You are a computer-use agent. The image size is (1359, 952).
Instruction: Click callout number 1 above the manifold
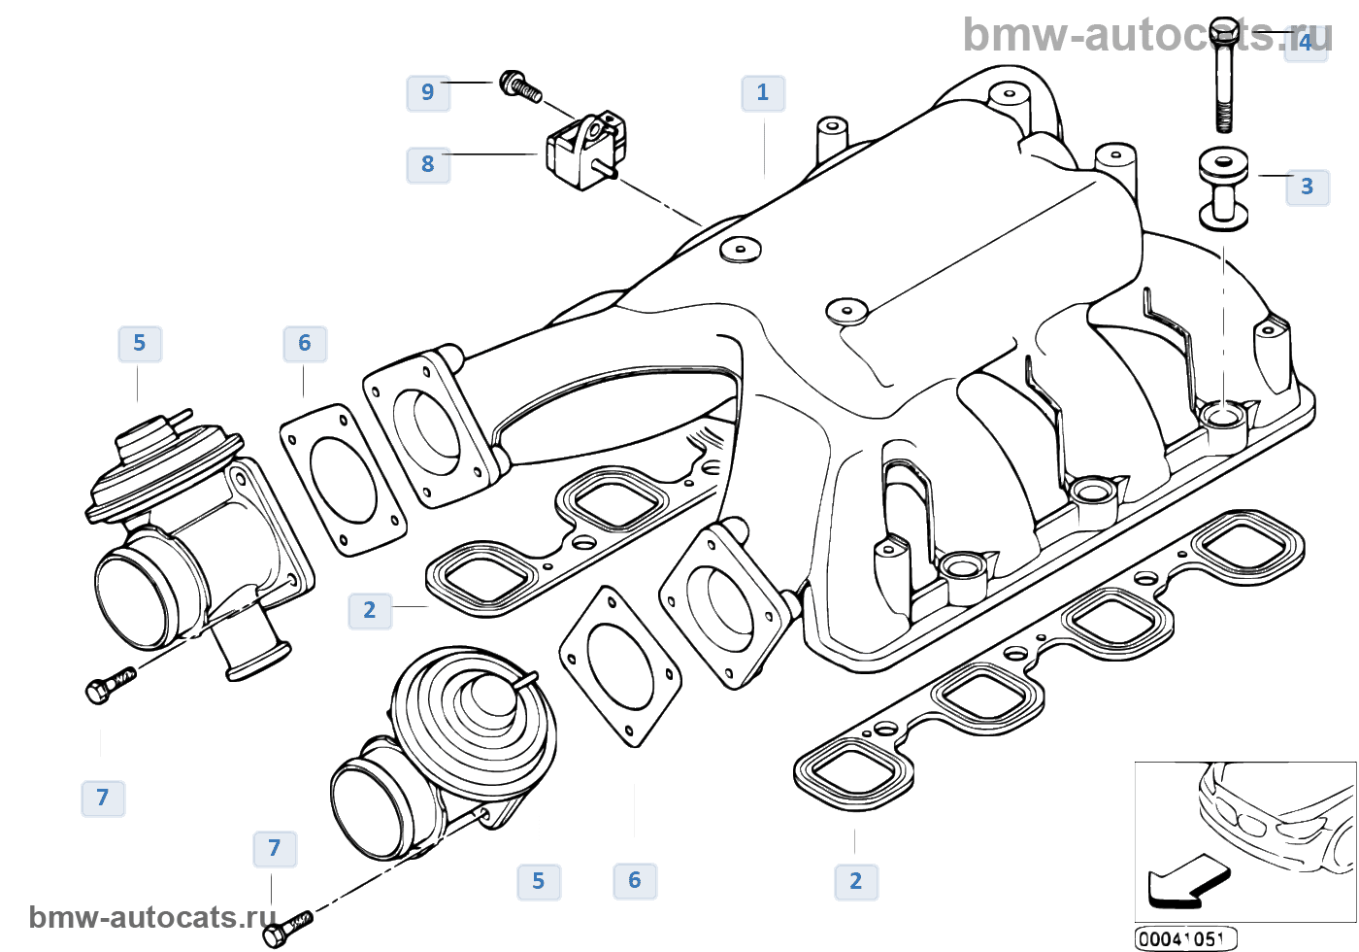[763, 93]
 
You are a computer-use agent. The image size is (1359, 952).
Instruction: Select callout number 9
[427, 92]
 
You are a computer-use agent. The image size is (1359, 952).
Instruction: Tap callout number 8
[427, 164]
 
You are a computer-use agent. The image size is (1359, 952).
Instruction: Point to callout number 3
[1307, 186]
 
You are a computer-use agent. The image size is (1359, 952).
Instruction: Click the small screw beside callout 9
[519, 85]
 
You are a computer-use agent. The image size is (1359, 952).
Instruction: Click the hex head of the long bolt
[1224, 28]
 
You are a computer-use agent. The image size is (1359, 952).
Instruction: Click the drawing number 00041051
[1184, 938]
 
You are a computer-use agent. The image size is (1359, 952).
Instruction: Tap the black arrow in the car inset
[1186, 880]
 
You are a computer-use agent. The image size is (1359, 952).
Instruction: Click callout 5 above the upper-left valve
[140, 343]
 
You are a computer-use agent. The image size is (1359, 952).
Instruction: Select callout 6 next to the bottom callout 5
[635, 880]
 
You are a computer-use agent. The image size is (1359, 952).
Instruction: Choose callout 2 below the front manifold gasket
[855, 881]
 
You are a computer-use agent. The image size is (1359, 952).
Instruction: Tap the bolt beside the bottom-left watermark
[287, 928]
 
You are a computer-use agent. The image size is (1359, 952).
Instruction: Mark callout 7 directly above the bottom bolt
[275, 848]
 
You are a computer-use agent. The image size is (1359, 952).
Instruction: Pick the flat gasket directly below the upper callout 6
[343, 480]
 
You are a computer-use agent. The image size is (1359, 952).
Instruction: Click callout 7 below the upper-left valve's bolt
[103, 798]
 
